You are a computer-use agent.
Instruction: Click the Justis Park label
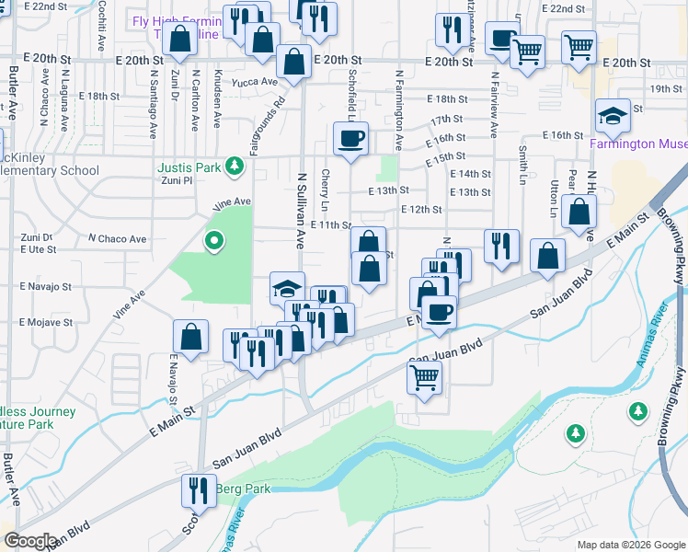(x=189, y=167)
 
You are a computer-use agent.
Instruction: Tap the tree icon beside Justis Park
(x=235, y=166)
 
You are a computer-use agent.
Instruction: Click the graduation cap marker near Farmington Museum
(x=613, y=117)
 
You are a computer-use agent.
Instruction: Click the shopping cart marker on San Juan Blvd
(x=424, y=375)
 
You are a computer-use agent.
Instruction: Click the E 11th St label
(x=331, y=224)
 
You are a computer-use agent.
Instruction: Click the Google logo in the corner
(x=30, y=540)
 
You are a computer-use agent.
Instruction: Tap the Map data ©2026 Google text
(x=630, y=545)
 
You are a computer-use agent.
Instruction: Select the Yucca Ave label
(x=256, y=81)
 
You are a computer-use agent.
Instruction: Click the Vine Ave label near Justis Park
(x=232, y=201)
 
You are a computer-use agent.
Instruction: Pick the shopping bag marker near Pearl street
(x=579, y=213)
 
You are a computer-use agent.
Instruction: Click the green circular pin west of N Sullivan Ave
(x=214, y=241)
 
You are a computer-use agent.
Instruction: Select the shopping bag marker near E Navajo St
(x=190, y=338)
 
